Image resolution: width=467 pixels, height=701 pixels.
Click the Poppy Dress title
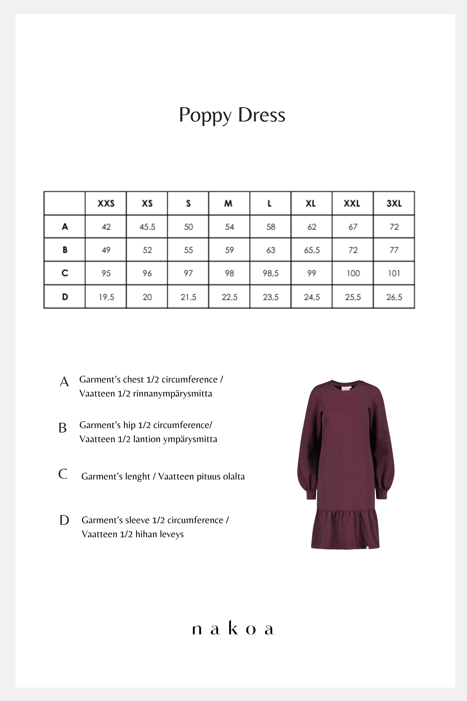point(232,115)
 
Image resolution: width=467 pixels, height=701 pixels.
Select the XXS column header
point(106,203)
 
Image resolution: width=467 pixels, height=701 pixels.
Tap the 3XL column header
point(394,203)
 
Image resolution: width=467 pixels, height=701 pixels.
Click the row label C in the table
point(65,273)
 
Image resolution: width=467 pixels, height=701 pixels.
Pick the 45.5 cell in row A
point(147,227)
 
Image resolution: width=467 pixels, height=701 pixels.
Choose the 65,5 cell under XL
point(311,250)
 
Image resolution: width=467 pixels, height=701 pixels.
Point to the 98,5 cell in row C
point(270,273)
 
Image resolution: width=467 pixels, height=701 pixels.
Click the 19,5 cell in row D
point(106,297)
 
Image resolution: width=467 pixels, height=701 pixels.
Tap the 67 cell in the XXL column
point(353,227)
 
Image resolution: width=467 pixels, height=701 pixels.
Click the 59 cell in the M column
point(229,250)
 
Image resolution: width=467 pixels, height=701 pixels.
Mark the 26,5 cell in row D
point(394,297)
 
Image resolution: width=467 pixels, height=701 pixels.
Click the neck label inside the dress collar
point(346,388)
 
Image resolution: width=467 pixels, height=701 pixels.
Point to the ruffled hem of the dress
point(345,529)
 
